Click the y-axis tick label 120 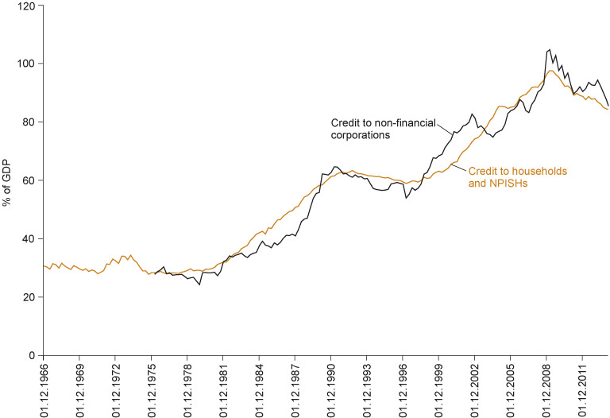click(27, 6)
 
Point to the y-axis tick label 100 click(27, 64)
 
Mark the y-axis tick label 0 click(33, 356)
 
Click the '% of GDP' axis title click(7, 180)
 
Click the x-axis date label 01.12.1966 click(43, 389)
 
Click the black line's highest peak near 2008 click(550, 49)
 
